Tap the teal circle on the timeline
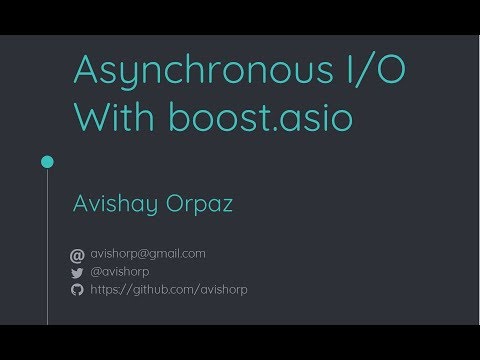pyautogui.click(x=46, y=161)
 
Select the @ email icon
pyautogui.click(x=77, y=255)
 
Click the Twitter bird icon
pyautogui.click(x=77, y=272)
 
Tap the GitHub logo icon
pyautogui.click(x=77, y=289)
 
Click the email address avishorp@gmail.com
pyautogui.click(x=147, y=254)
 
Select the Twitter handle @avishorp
pyautogui.click(x=120, y=271)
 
